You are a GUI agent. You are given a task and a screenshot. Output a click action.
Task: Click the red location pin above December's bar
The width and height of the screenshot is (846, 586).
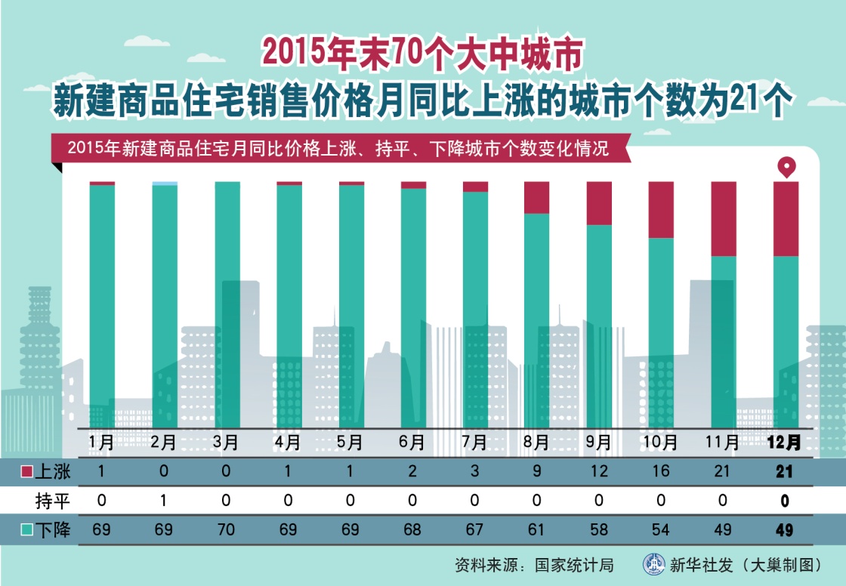[786, 168]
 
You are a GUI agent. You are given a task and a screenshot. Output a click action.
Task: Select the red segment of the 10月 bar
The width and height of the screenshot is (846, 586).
[661, 210]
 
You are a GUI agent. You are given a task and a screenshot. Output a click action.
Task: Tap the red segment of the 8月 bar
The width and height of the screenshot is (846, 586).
[536, 198]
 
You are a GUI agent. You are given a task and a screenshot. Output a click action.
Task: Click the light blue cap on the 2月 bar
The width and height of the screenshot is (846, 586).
[165, 184]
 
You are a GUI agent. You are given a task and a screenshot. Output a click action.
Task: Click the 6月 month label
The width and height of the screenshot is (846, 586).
[413, 442]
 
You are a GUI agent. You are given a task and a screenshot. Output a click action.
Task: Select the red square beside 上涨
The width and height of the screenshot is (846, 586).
[26, 472]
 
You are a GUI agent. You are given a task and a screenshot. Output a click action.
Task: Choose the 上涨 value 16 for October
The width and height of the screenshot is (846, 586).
[661, 472]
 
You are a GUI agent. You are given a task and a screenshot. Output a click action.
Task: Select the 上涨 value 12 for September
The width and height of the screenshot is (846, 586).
[599, 472]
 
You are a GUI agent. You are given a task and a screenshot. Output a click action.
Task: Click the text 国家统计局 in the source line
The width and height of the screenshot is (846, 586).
[574, 565]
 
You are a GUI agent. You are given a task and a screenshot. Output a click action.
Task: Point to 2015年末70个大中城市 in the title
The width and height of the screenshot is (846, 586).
[422, 52]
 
